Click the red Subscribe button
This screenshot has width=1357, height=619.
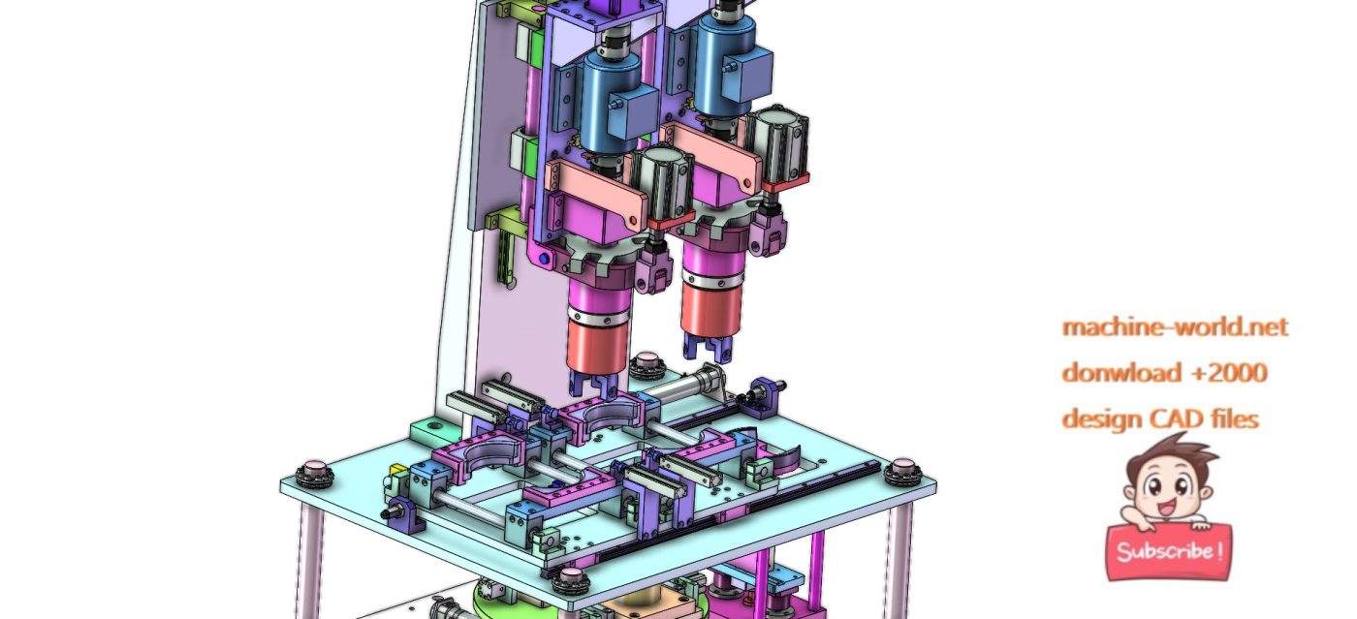click(1169, 551)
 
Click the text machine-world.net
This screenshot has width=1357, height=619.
click(1175, 326)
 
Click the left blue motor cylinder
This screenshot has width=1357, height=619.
click(609, 97)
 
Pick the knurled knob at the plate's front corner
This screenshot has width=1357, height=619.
click(572, 581)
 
